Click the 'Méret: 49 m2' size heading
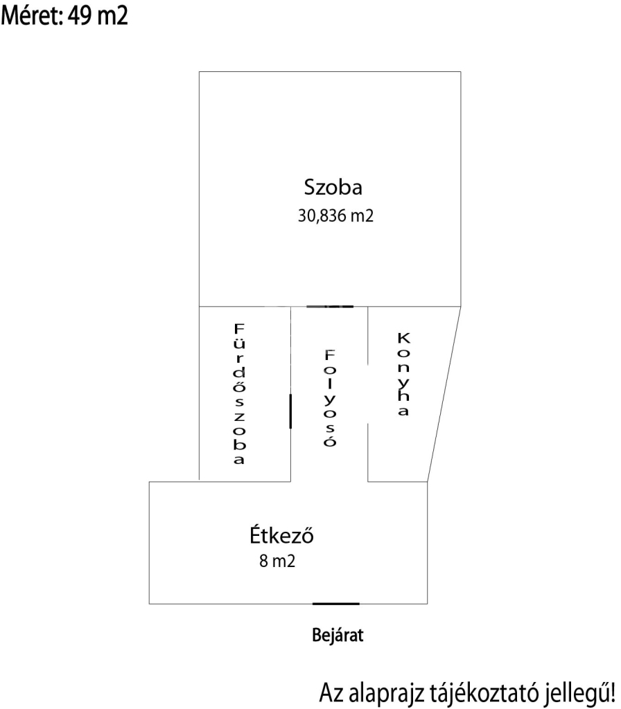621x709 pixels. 66,16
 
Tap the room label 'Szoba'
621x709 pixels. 334,187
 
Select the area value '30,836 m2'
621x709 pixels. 335,216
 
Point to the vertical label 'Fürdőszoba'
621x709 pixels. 239,393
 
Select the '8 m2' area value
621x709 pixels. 277,562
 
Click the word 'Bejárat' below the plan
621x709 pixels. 338,635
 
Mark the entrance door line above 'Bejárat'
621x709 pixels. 336,604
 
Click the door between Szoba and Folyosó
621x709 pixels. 330,306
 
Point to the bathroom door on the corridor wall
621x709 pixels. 290,411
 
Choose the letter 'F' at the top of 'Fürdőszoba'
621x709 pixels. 239,327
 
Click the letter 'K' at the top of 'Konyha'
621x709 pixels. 404,339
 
